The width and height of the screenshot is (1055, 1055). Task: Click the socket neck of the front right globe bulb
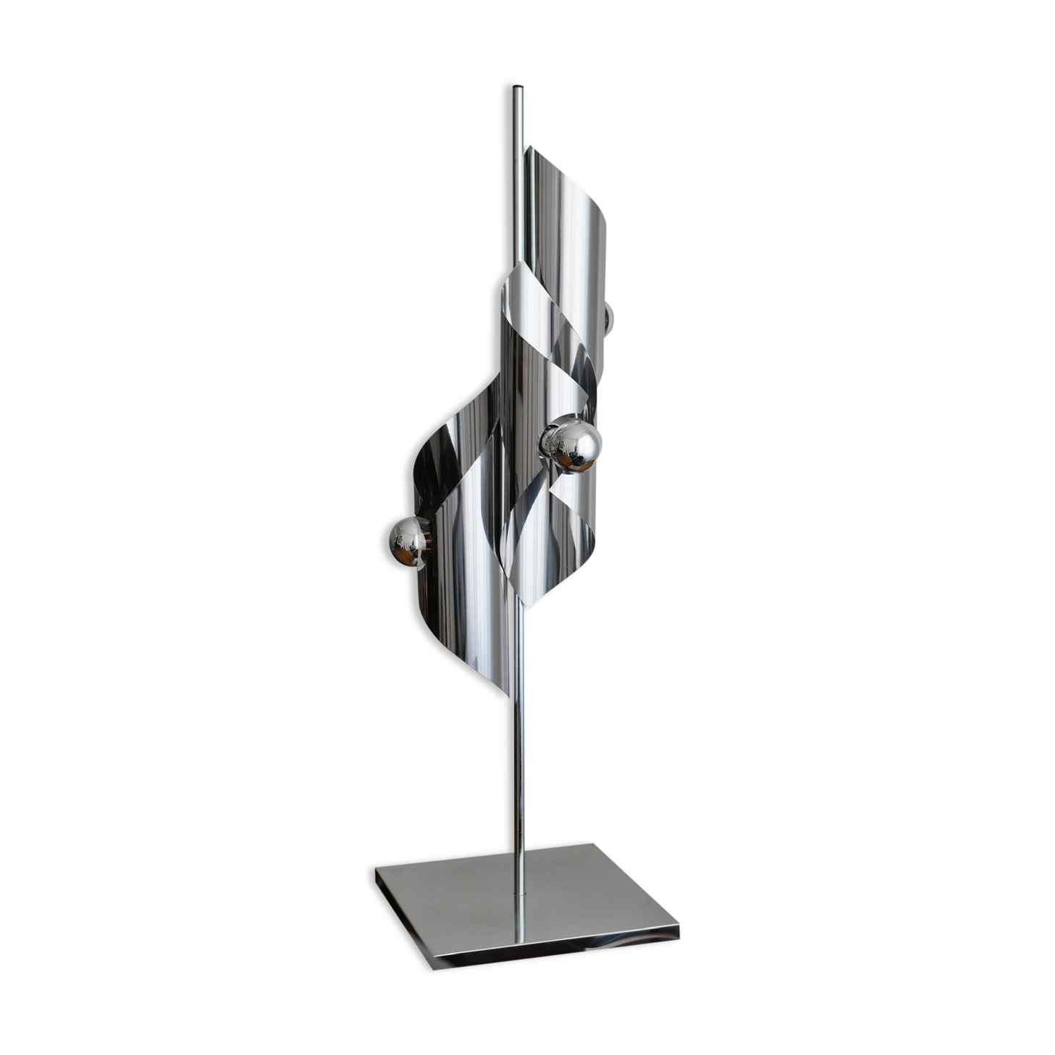point(550,439)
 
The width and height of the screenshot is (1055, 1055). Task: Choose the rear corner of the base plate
point(588,840)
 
